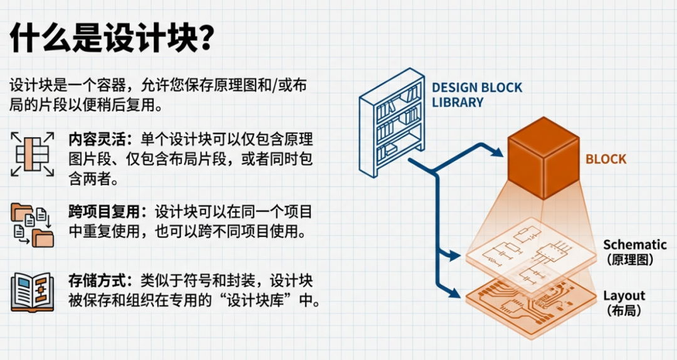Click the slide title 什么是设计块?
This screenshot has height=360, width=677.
click(112, 38)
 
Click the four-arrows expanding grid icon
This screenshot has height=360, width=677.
click(33, 154)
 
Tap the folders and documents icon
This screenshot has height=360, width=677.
click(33, 225)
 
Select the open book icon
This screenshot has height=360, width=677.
click(33, 292)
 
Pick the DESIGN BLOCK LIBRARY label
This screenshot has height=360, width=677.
click(476, 95)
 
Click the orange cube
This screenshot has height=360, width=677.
click(543, 158)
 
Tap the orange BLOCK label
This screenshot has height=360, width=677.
click(606, 159)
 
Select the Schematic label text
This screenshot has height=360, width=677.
click(634, 245)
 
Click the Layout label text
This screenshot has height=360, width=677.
click(624, 295)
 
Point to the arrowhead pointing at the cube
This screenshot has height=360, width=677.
click(497, 152)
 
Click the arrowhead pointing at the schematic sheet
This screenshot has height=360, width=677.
click(454, 255)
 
